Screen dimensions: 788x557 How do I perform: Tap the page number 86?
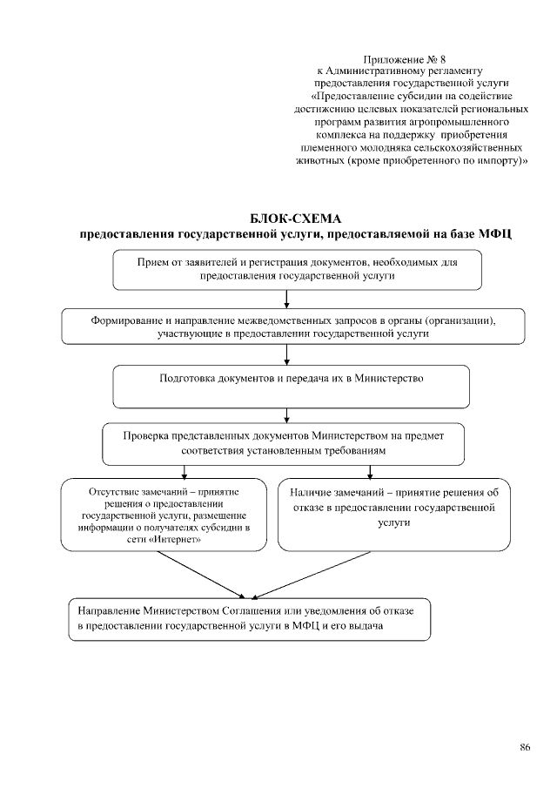tap(525, 746)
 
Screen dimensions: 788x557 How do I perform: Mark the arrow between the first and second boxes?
tap(287, 300)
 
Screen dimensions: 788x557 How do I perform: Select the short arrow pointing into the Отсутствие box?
tap(185, 471)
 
